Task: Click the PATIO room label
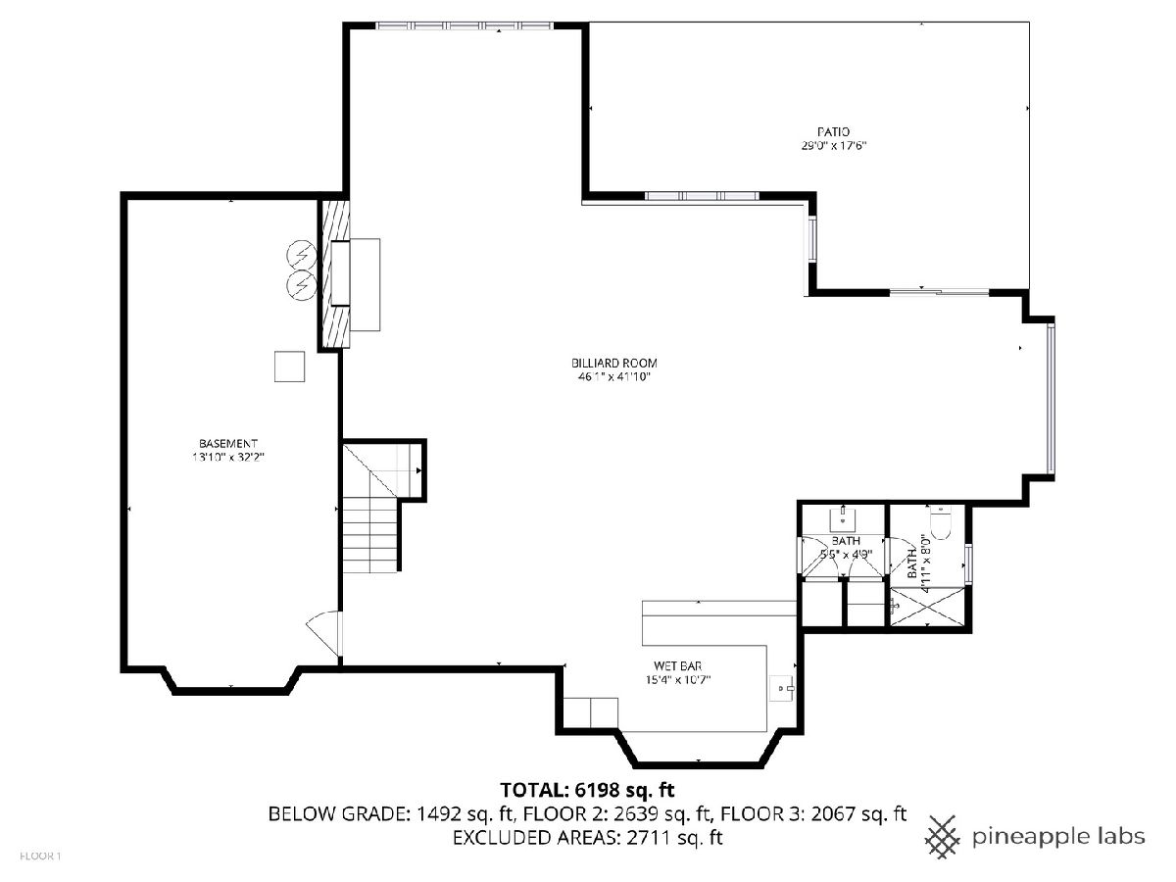click(833, 131)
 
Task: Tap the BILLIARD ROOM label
click(614, 363)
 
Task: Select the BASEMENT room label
click(228, 443)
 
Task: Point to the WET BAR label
click(678, 666)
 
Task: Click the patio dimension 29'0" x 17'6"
click(834, 145)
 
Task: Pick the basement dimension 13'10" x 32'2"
click(228, 458)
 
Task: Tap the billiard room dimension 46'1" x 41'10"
click(614, 377)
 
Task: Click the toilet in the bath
click(940, 523)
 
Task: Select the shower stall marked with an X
click(927, 607)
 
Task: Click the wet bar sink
click(782, 688)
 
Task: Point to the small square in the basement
click(289, 367)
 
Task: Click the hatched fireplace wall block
click(335, 274)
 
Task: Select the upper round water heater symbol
click(302, 255)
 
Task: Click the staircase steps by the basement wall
click(370, 534)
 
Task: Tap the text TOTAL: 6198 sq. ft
click(587, 790)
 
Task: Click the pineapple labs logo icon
click(943, 836)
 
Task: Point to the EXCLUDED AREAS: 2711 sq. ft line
click(587, 837)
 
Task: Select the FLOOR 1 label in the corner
click(40, 857)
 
